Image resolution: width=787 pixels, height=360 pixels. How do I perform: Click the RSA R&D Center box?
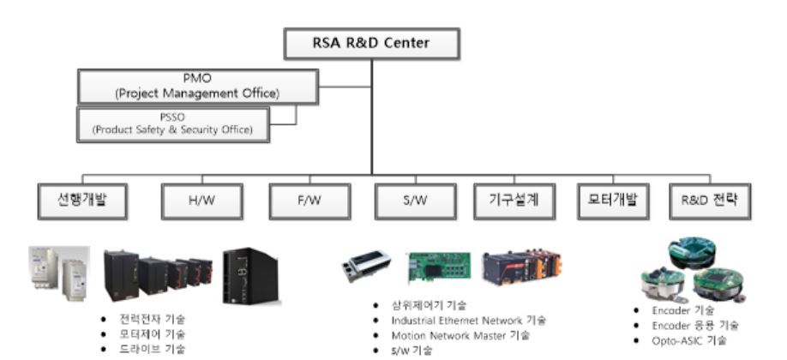(x=372, y=43)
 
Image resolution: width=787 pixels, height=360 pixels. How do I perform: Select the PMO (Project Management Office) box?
(x=197, y=87)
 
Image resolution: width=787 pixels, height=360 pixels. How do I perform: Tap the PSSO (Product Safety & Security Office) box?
(x=173, y=123)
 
